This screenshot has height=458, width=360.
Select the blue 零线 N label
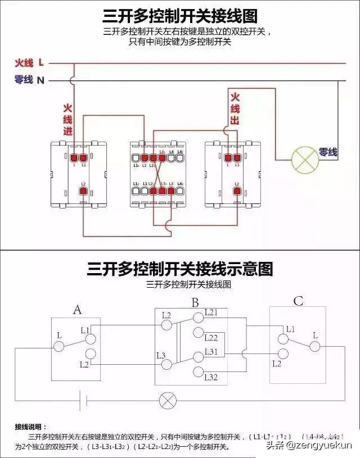(x=29, y=80)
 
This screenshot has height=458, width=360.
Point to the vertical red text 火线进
(x=67, y=119)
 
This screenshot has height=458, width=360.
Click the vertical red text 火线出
(x=235, y=108)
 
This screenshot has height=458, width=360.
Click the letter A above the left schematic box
(x=78, y=309)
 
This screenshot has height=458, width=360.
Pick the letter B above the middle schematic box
(x=195, y=303)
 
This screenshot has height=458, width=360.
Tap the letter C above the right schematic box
(x=298, y=302)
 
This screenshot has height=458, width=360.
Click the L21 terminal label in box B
(x=211, y=312)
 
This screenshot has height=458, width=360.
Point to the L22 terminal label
(x=211, y=338)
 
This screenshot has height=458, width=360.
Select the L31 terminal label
(x=211, y=351)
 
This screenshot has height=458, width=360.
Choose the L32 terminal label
(x=211, y=377)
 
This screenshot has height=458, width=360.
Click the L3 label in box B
(x=161, y=355)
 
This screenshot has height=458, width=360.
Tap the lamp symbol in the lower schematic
(x=167, y=401)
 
